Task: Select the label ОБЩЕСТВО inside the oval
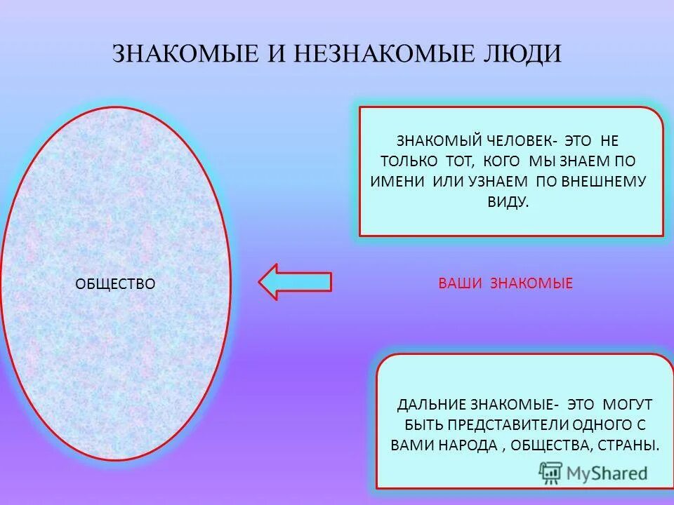point(114,283)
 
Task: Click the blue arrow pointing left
point(295,282)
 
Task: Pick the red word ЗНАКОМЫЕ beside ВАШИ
point(531,283)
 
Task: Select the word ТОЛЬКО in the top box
point(409,160)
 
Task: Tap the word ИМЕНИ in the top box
point(397,180)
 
